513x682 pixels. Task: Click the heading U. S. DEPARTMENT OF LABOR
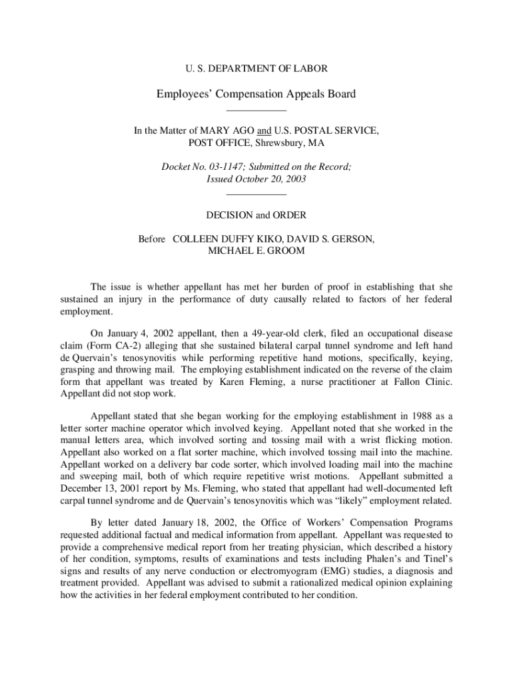[x=256, y=69]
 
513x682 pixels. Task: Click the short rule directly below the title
[x=256, y=110]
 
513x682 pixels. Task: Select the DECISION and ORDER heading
[x=256, y=215]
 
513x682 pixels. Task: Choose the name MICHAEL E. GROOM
[x=256, y=251]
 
